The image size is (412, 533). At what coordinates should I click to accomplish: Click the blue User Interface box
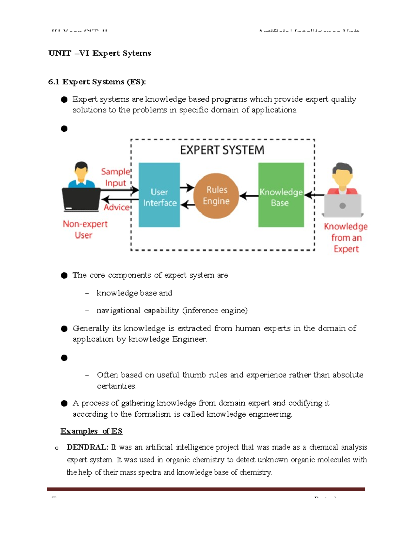click(159, 195)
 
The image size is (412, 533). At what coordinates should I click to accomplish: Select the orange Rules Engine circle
click(216, 196)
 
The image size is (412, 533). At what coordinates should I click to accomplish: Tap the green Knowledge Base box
click(281, 195)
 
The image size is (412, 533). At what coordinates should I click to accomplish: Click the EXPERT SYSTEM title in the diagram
click(222, 150)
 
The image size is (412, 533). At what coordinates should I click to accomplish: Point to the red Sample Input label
click(115, 177)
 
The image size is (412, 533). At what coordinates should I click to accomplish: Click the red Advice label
click(117, 207)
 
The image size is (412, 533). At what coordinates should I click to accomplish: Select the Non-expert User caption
click(85, 229)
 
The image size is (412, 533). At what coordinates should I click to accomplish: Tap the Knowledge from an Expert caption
click(346, 237)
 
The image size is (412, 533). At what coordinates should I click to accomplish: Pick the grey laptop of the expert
click(342, 206)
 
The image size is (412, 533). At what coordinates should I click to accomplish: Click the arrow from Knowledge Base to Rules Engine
click(249, 196)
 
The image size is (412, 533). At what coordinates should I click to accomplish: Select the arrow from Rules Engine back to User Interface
click(187, 205)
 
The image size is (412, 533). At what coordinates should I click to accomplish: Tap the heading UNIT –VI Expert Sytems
click(100, 53)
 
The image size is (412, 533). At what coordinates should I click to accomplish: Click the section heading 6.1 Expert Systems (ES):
click(97, 82)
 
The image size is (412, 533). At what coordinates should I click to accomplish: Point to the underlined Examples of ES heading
click(91, 431)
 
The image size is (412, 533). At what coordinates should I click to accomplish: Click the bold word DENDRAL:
click(87, 447)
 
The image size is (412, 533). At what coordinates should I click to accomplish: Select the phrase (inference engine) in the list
click(215, 311)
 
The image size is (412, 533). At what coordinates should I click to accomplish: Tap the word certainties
click(116, 386)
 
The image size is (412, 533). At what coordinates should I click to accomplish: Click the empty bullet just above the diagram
click(64, 129)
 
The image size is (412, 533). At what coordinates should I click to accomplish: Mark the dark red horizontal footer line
click(206, 489)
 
